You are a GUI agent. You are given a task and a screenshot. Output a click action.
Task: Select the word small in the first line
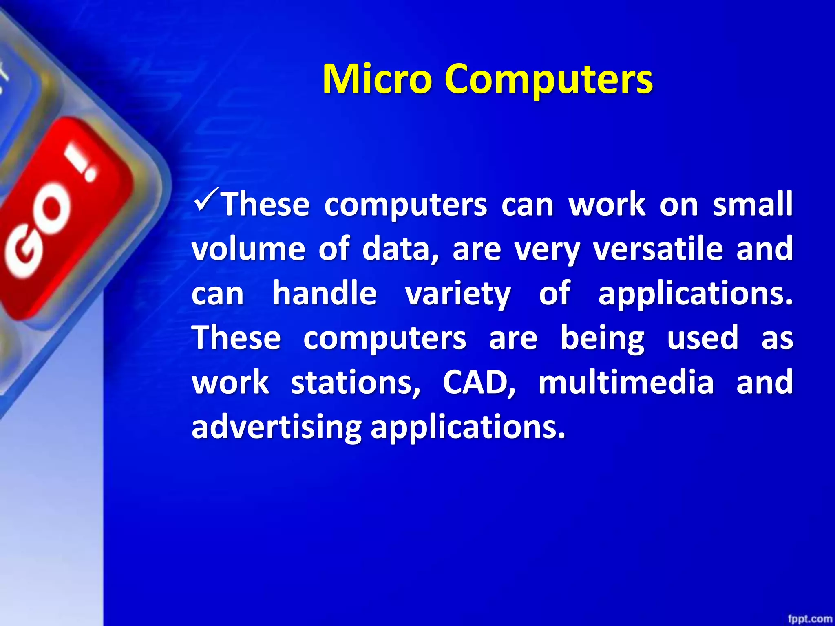point(752,204)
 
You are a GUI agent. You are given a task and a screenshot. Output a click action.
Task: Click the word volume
point(248,249)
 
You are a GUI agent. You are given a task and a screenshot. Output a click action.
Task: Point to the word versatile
point(658,249)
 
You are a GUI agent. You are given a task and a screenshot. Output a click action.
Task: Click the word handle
point(325,293)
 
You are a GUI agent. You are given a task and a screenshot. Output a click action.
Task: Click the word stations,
point(355,383)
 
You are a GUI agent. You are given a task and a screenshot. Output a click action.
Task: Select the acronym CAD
point(479,383)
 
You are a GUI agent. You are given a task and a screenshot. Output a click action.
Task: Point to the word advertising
point(276,428)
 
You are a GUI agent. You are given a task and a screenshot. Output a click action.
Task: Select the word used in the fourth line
point(702,338)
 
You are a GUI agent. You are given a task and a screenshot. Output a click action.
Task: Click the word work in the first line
point(607,204)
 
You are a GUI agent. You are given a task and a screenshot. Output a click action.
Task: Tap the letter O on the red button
point(53,212)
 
